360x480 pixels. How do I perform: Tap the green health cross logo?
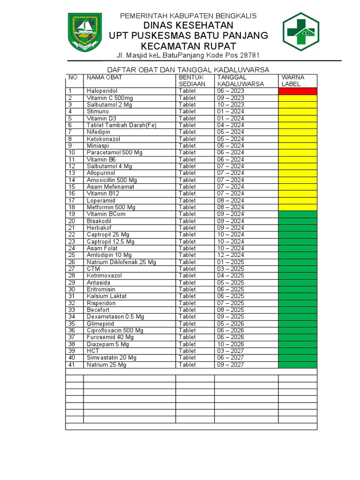(301, 32)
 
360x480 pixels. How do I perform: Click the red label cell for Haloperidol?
(298, 91)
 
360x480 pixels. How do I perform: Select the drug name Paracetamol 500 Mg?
(114, 152)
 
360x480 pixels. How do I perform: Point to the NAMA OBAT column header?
(105, 77)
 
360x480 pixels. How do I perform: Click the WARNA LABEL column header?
(293, 81)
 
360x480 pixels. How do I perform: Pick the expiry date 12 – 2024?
(230, 255)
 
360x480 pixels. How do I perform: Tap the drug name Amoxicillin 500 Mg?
(112, 180)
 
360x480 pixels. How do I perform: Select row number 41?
(72, 365)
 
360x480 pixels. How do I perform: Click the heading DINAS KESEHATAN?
(188, 25)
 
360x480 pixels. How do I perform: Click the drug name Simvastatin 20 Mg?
(112, 358)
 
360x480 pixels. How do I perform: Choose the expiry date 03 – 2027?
(230, 351)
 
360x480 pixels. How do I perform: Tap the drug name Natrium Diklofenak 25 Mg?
(121, 262)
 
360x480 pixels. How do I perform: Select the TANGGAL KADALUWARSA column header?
(240, 81)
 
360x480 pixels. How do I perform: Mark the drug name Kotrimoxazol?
(104, 276)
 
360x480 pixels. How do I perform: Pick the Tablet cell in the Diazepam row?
(187, 344)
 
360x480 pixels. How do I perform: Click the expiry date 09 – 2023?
(230, 98)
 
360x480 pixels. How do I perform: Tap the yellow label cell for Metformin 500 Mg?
(298, 207)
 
